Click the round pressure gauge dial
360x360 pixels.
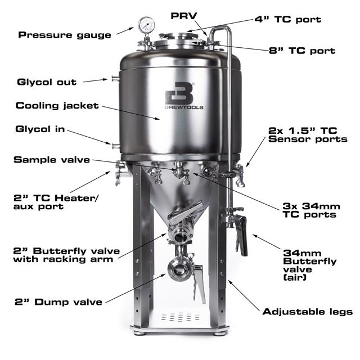click(146, 25)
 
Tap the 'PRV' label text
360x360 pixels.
click(184, 16)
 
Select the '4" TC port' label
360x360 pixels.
click(287, 19)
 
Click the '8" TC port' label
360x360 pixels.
click(302, 51)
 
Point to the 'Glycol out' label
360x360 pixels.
click(47, 82)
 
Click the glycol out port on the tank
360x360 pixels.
click(115, 79)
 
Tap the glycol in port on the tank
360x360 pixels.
click(116, 146)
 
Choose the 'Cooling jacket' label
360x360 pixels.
click(57, 106)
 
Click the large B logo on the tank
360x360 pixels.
click(179, 93)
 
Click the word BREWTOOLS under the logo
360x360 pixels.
click(184, 107)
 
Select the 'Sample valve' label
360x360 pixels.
click(52, 160)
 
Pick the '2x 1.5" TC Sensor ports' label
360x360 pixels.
click(308, 135)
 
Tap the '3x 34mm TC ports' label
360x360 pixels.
click(311, 210)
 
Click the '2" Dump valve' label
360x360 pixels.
click(58, 302)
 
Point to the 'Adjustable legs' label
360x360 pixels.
click(308, 312)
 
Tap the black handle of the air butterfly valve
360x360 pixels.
click(241, 235)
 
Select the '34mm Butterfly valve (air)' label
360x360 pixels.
click(310, 265)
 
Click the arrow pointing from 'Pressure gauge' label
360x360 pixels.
click(125, 31)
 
